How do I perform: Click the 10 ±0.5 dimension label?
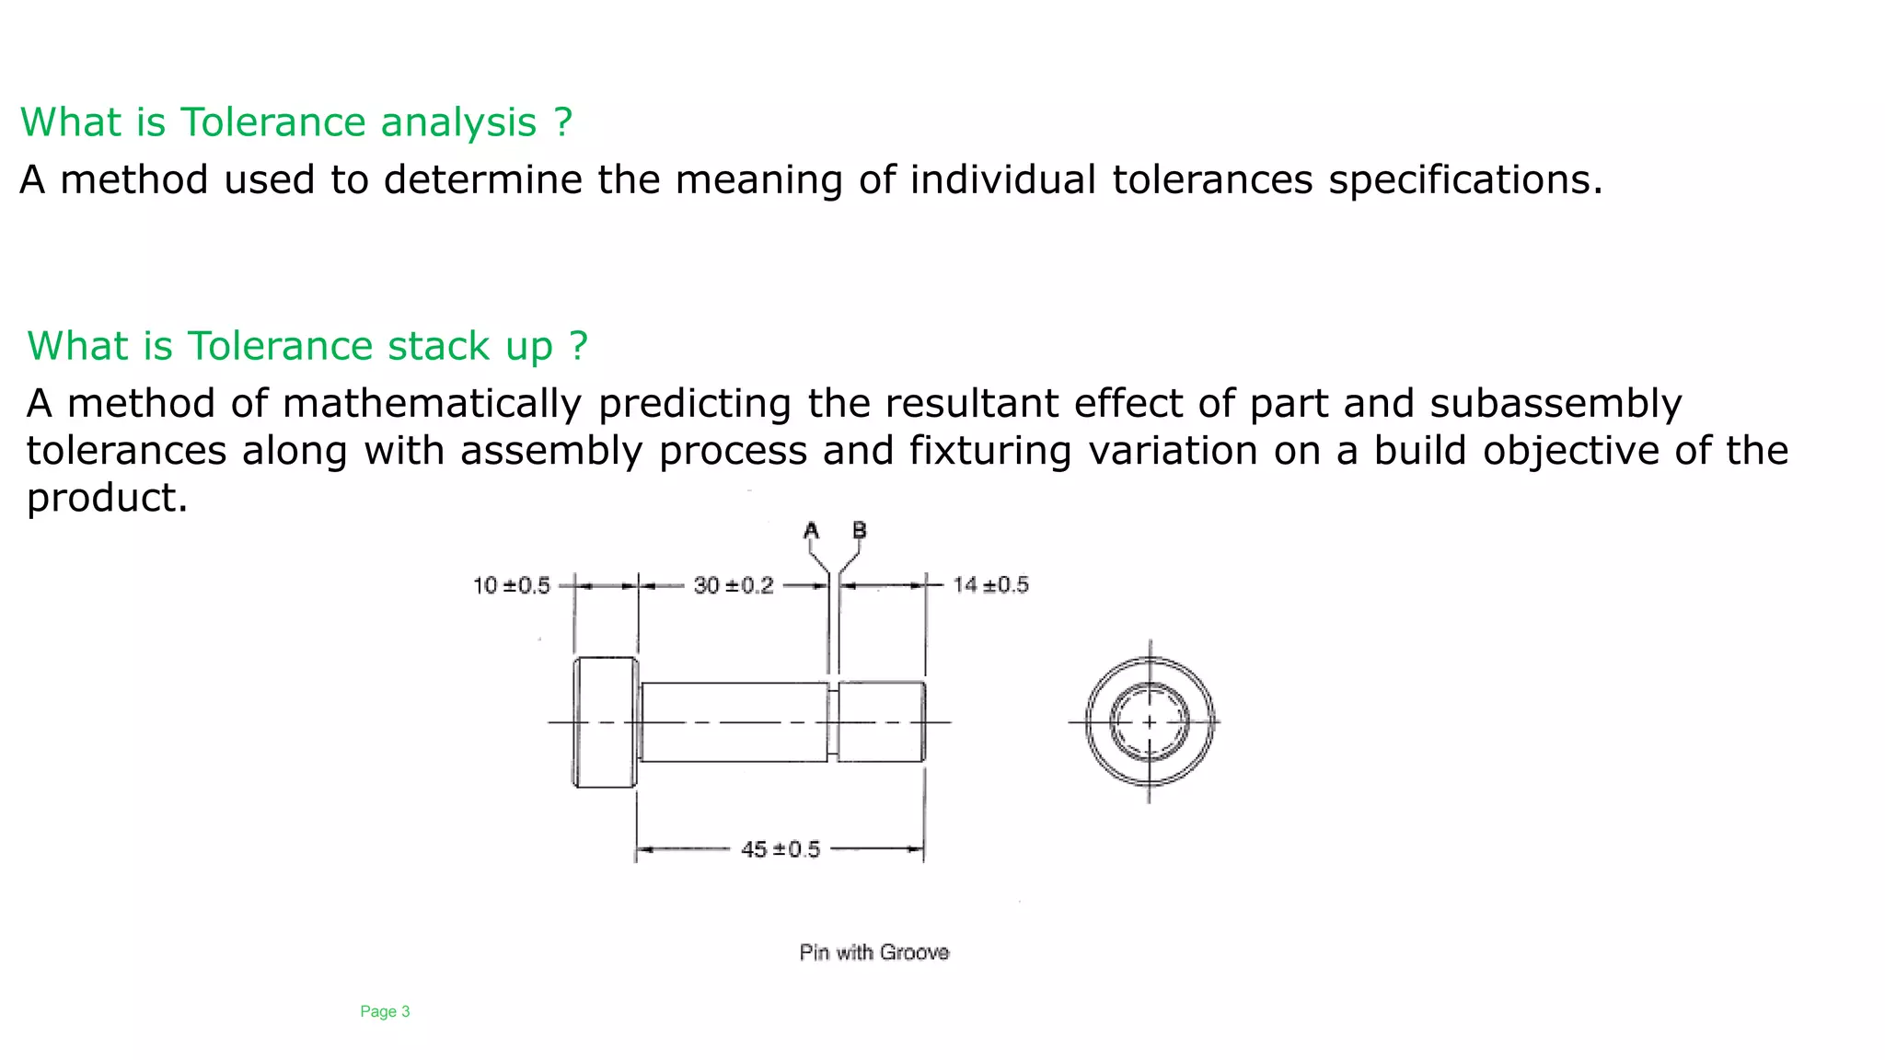coord(511,585)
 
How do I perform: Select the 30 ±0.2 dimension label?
coord(733,585)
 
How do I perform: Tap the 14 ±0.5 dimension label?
coord(990,585)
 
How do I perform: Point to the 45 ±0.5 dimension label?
coord(780,849)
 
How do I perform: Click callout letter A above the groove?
coord(811,531)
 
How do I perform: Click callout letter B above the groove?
coord(860,531)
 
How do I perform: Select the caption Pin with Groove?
coord(873,952)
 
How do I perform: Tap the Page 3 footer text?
coord(385,1011)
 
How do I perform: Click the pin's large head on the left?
coord(605,722)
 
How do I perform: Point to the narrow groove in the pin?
coord(833,722)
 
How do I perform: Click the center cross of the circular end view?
coord(1150,722)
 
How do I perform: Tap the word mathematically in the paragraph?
coord(432,404)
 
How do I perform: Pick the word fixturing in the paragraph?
coord(989,451)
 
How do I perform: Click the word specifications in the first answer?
coord(1464,179)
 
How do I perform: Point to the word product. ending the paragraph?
coord(107,498)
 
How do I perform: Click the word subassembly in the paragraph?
coord(1555,404)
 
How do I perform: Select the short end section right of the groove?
coord(882,722)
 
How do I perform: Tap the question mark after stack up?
coord(578,346)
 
